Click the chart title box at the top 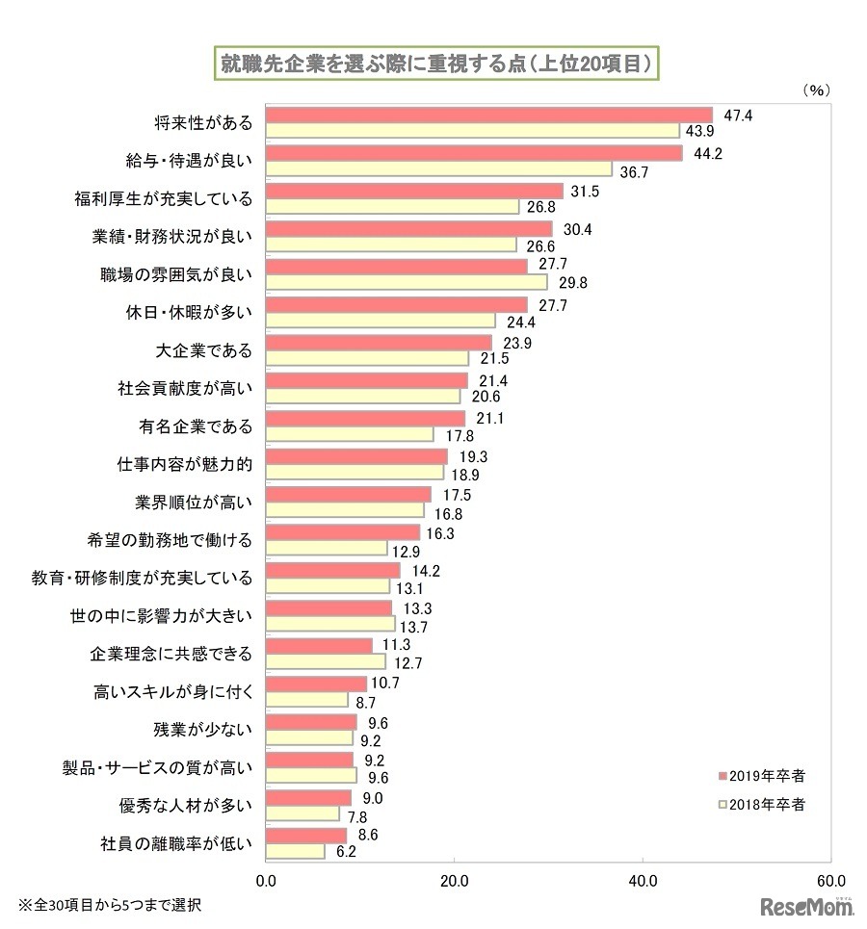(434, 64)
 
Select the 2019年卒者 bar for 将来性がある (488, 116)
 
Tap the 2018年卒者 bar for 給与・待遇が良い (438, 169)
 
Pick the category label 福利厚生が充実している (164, 199)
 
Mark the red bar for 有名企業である (365, 419)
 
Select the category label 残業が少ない (210, 729)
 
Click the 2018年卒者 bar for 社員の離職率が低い (295, 851)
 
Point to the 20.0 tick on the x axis (454, 880)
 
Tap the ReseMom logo (808, 906)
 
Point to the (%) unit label (815, 89)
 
